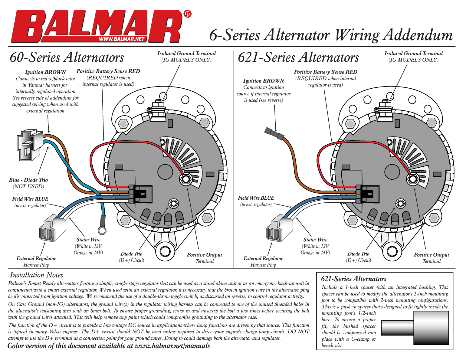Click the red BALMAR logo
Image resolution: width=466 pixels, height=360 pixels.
97,26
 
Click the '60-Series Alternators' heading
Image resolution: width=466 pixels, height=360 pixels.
67,57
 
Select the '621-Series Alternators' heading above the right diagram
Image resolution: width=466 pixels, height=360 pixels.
298,57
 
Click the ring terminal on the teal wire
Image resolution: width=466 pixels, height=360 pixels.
103,230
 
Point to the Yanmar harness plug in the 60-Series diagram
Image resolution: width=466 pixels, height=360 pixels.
29,146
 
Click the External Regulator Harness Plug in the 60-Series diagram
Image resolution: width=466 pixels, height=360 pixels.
53,228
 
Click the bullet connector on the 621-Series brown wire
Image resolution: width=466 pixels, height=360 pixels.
274,134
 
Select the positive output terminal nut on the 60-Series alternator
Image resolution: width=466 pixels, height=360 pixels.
185,179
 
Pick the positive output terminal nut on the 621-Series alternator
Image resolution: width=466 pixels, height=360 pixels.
412,179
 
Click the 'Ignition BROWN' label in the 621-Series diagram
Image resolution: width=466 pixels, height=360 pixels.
264,81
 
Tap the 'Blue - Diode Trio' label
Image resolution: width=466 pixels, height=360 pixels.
28,180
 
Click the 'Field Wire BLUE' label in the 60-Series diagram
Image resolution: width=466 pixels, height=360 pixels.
30,199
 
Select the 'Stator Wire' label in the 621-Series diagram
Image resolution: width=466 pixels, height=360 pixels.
315,240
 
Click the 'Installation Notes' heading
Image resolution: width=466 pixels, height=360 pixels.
36,275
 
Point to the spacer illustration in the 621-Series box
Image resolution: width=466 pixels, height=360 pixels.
415,328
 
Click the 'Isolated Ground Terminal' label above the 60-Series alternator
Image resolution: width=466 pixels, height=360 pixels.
186,54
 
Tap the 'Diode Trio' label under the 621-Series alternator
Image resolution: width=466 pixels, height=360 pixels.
358,254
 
